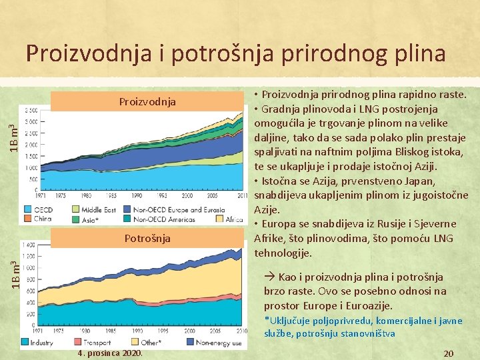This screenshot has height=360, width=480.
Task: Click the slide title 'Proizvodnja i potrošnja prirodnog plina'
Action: pyautogui.click(x=235, y=53)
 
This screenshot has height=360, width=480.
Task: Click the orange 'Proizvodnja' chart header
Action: pyautogui.click(x=147, y=101)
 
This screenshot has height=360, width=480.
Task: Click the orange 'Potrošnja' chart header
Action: pyautogui.click(x=147, y=238)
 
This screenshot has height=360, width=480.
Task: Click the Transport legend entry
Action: pyautogui.click(x=93, y=342)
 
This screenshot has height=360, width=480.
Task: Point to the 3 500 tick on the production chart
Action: pyautogui.click(x=30, y=110)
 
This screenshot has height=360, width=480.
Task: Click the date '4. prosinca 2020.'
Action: pyautogui.click(x=109, y=353)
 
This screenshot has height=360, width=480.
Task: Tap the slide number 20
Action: pyautogui.click(x=449, y=353)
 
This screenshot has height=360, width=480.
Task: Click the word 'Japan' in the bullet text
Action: pyautogui.click(x=419, y=181)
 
